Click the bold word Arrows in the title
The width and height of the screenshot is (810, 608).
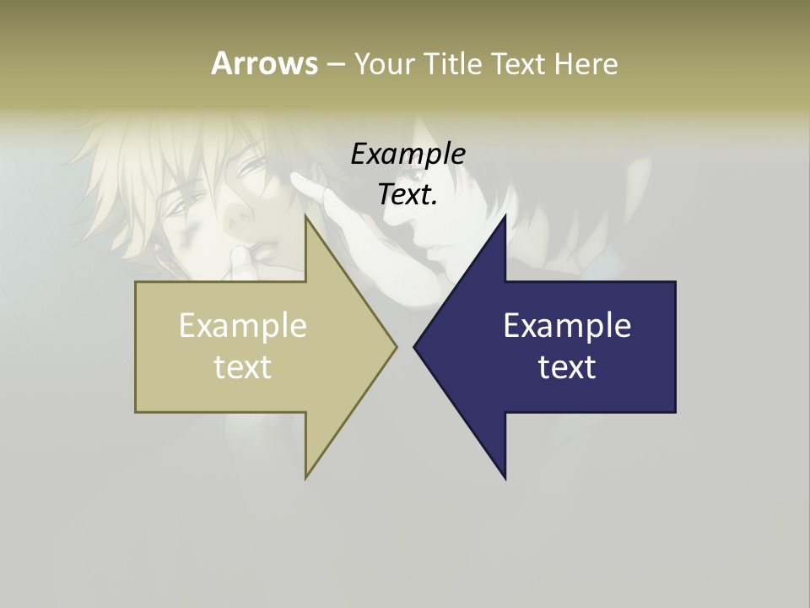point(263,63)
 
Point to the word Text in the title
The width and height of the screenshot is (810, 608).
point(521,63)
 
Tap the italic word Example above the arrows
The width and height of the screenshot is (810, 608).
point(408,154)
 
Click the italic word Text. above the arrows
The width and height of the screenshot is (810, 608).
point(408,194)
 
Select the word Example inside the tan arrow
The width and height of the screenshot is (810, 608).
point(243,326)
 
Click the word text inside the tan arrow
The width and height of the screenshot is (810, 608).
point(243,366)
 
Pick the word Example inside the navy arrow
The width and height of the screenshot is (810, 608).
point(567,326)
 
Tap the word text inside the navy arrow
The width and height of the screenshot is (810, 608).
point(567,366)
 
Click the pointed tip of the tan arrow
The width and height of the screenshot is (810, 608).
point(397,346)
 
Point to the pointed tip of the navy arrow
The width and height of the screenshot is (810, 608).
point(414,346)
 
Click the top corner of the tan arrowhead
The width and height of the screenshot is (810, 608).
point(305,216)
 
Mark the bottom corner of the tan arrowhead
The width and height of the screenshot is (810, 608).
point(305,478)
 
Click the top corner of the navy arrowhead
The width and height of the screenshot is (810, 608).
point(505,216)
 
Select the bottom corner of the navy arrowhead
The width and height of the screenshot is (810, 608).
point(505,478)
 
